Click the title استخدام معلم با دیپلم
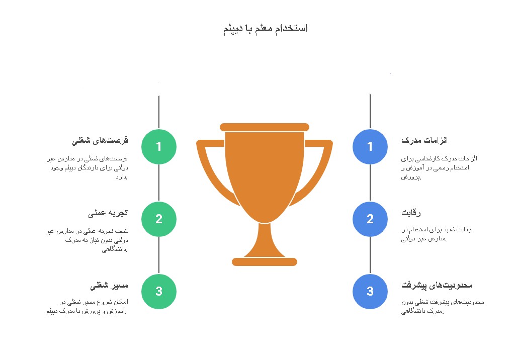(266, 29)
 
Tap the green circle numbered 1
(159, 146)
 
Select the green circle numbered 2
(159, 219)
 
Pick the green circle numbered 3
(159, 291)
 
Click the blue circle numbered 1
(370, 146)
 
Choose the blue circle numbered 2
(370, 219)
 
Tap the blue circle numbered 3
(370, 291)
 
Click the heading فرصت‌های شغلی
(100, 141)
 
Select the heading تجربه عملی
(108, 213)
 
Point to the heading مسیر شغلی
(109, 286)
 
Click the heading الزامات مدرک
(424, 140)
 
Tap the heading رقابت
(411, 213)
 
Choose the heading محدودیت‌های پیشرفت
(437, 286)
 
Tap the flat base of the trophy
(265, 262)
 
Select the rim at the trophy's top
(265, 127)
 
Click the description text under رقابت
(437, 234)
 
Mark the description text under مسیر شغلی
(87, 307)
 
